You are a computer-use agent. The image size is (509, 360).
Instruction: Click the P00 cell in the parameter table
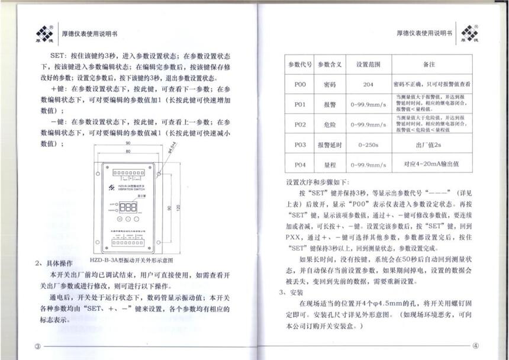pyautogui.click(x=299, y=85)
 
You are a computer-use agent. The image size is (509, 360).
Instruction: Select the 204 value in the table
pyautogui.click(x=368, y=85)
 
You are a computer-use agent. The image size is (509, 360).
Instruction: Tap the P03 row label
pyautogui.click(x=299, y=144)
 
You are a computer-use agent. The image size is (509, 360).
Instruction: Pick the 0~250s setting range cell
pyautogui.click(x=368, y=144)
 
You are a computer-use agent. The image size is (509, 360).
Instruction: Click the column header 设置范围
pyautogui.click(x=368, y=64)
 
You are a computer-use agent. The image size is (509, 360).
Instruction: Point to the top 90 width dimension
pyautogui.click(x=128, y=144)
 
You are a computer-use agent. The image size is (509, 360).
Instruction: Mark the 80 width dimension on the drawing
pyautogui.click(x=128, y=151)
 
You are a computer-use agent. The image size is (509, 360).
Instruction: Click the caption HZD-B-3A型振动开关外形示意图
pyautogui.click(x=131, y=259)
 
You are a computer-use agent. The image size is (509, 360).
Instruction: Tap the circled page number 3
pyautogui.click(x=37, y=346)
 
